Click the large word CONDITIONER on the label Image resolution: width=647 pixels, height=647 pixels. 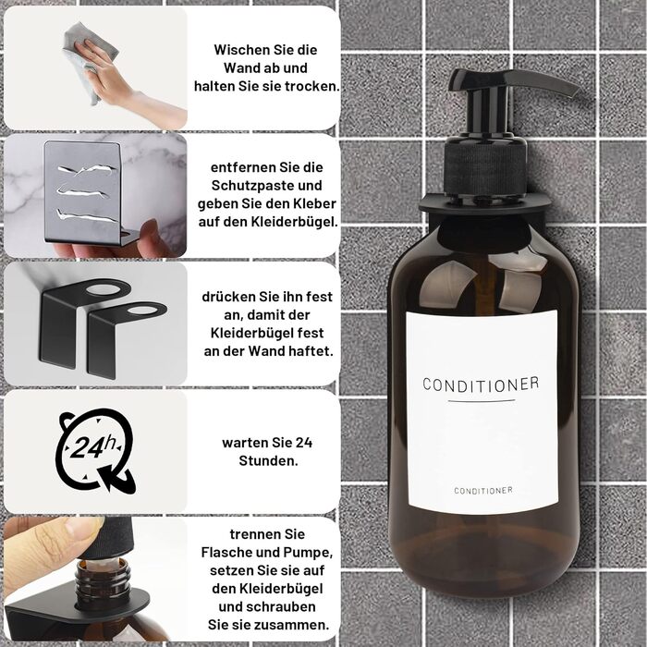point(482,385)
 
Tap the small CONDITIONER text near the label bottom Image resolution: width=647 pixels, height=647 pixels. point(483,490)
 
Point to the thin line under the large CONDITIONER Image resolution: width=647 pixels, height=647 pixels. point(482,400)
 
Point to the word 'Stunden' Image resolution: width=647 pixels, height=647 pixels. point(268,461)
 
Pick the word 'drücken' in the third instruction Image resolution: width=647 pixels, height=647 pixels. point(228,297)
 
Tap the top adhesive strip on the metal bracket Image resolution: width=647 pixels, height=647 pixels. point(88,169)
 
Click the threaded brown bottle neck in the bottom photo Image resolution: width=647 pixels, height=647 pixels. point(104,582)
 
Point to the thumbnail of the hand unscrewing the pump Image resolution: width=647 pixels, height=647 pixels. point(96,579)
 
